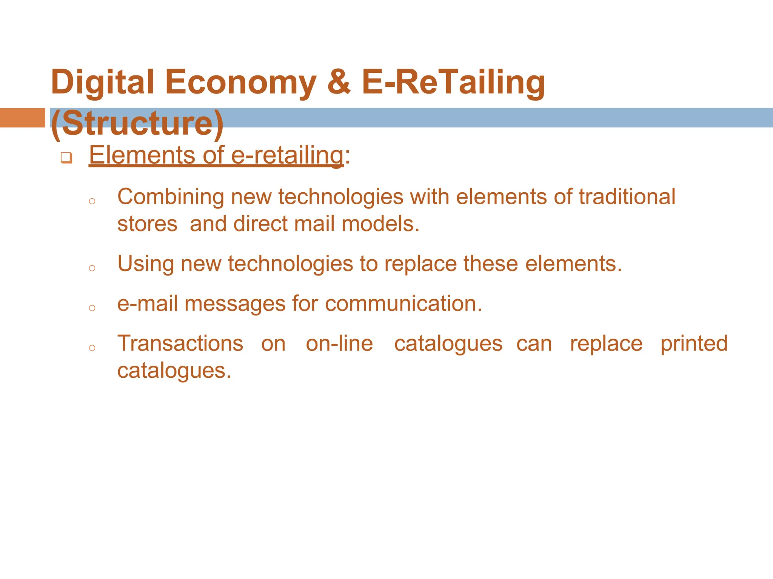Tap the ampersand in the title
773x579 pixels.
point(339,82)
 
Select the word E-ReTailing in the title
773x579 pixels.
point(453,82)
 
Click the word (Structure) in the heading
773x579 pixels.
point(137,123)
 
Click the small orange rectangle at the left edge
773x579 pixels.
point(22,118)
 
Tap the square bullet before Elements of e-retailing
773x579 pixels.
point(66,158)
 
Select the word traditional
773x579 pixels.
point(627,197)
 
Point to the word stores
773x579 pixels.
point(147,224)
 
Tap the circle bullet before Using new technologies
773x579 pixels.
point(92,268)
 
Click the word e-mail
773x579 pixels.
point(148,303)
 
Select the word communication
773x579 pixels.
point(403,303)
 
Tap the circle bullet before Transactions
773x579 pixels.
point(92,348)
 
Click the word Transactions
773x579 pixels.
point(180,343)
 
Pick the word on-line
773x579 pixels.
point(339,343)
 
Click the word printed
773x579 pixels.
point(694,343)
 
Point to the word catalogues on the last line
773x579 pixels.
point(174,371)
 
